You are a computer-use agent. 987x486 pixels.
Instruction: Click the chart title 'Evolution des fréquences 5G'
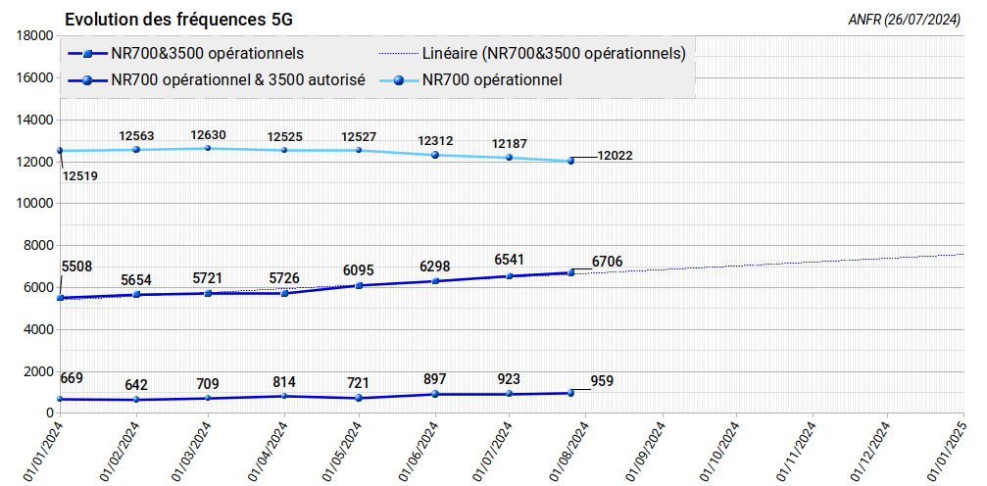click(x=178, y=20)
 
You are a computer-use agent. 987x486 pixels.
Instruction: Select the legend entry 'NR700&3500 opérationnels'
click(x=207, y=53)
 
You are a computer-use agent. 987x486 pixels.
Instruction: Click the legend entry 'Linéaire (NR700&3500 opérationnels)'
click(x=553, y=53)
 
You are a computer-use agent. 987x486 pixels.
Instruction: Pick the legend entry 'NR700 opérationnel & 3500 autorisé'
click(x=239, y=80)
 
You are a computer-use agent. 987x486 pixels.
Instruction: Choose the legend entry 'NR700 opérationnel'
click(x=492, y=80)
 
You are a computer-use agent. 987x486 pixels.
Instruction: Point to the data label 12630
click(x=208, y=135)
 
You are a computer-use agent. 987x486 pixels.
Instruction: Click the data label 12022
click(x=615, y=156)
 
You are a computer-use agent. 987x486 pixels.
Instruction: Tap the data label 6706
click(x=608, y=262)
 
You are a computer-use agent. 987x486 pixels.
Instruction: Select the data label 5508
click(x=76, y=266)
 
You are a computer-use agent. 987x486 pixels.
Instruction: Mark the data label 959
click(x=602, y=381)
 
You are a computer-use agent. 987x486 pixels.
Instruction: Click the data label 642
click(x=135, y=385)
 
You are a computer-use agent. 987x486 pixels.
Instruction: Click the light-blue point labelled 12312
click(x=435, y=155)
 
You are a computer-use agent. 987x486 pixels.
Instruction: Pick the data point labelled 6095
click(x=359, y=285)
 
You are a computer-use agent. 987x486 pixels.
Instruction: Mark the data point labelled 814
click(x=284, y=396)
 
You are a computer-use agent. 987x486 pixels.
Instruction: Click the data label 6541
click(x=511, y=260)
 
